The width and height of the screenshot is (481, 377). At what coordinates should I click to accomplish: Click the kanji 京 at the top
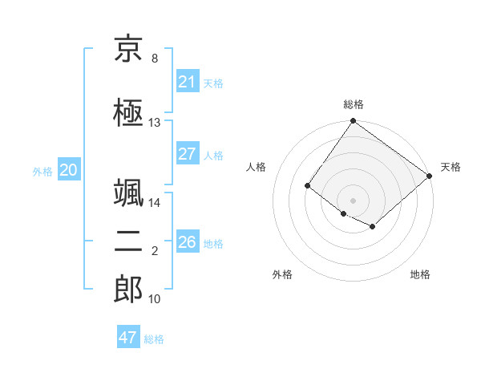pos(128,50)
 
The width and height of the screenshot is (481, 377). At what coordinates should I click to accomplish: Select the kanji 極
pos(128,113)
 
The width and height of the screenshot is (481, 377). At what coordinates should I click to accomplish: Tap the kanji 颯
pos(128,195)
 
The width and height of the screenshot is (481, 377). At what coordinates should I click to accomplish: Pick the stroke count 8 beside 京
pos(154,59)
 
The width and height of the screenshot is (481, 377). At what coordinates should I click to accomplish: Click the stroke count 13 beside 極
pos(154,123)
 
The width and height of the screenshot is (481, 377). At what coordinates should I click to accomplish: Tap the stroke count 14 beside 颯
pos(154,203)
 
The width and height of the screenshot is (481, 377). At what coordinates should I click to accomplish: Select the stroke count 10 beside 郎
pos(154,299)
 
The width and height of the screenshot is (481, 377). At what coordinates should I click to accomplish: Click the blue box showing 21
pos(187,82)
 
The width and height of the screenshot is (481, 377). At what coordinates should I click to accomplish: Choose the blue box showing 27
pos(187,154)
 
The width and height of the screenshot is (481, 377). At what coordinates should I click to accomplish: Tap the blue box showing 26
pos(187,242)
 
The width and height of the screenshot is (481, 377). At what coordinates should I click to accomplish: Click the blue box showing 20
pos(69,170)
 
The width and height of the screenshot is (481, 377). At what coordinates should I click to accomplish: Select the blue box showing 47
pos(128,338)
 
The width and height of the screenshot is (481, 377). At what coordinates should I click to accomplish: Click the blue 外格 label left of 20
pos(42,171)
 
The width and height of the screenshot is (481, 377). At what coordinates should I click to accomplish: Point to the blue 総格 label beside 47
pos(154,339)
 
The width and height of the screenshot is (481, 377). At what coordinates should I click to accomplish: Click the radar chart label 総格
pos(353,104)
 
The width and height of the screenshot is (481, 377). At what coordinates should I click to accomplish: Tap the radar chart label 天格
pos(451,167)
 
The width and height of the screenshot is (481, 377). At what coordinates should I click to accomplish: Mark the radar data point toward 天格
pos(430,176)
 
